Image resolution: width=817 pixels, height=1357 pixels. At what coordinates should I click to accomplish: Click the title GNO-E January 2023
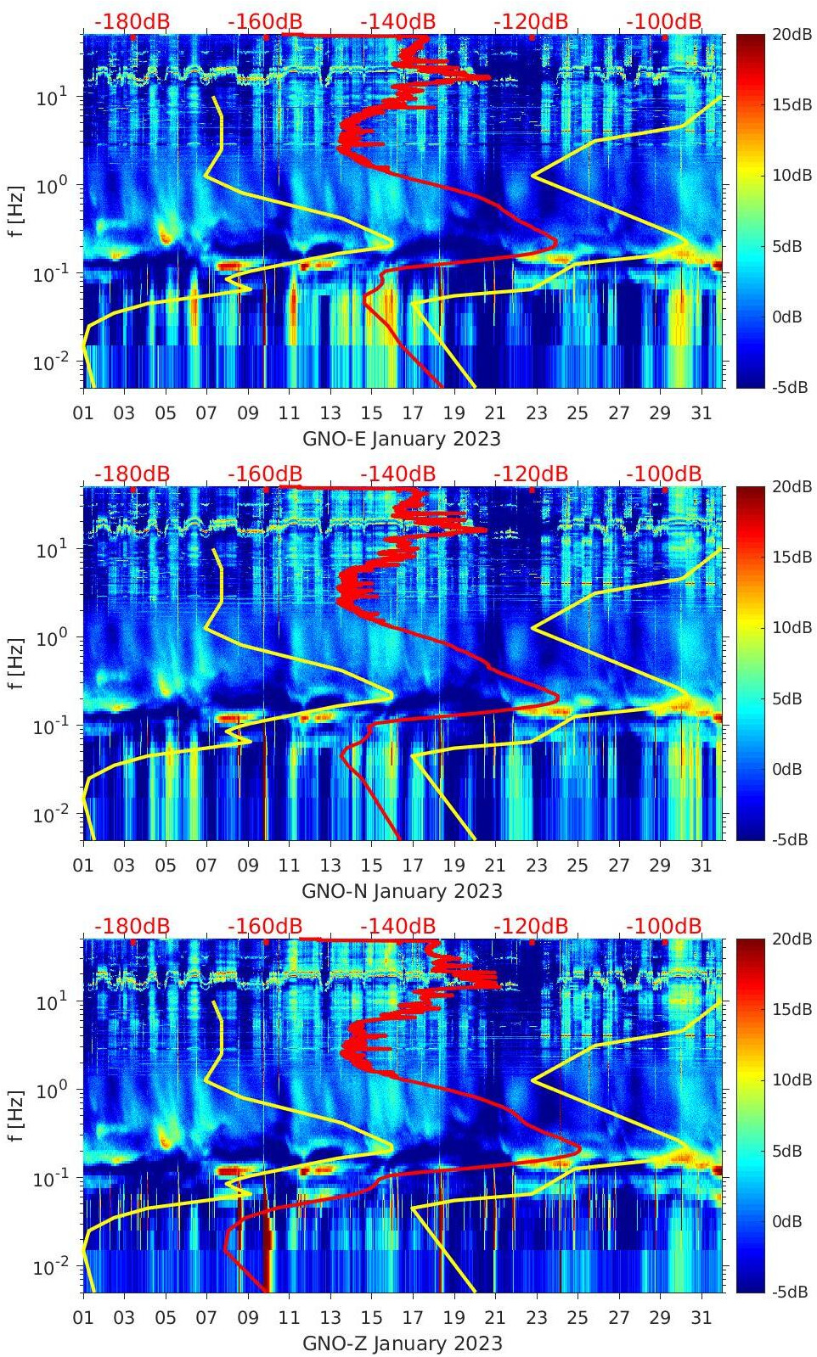coord(402,439)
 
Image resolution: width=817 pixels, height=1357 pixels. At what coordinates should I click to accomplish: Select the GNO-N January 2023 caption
coord(402,891)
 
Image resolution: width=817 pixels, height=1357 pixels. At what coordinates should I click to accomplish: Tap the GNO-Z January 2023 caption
coord(402,1343)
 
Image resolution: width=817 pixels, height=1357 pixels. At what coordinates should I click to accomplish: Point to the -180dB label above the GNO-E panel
coord(132,21)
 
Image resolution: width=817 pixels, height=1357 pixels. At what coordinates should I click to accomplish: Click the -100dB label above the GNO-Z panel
coord(664,926)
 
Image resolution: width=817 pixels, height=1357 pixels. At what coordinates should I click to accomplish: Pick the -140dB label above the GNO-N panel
coord(397,474)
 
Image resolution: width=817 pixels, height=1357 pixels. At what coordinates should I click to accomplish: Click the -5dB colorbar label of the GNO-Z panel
coord(789,1292)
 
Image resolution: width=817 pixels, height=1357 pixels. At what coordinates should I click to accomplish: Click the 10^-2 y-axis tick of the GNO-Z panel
coord(49,1266)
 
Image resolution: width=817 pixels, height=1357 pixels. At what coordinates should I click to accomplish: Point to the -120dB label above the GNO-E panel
coord(531,21)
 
